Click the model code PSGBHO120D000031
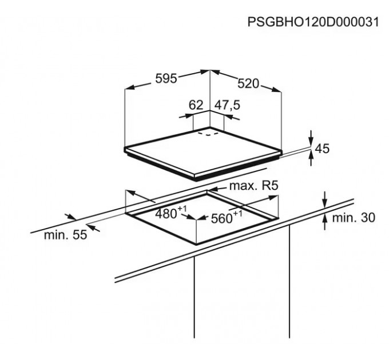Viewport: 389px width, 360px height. tap(313, 22)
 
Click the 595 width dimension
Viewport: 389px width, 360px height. tap(166, 79)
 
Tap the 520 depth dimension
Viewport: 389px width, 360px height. tap(248, 83)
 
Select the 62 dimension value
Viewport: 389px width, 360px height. tap(196, 105)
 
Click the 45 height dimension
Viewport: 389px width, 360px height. tap(323, 149)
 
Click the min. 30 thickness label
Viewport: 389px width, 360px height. tap(353, 218)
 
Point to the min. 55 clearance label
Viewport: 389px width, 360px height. tap(66, 234)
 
